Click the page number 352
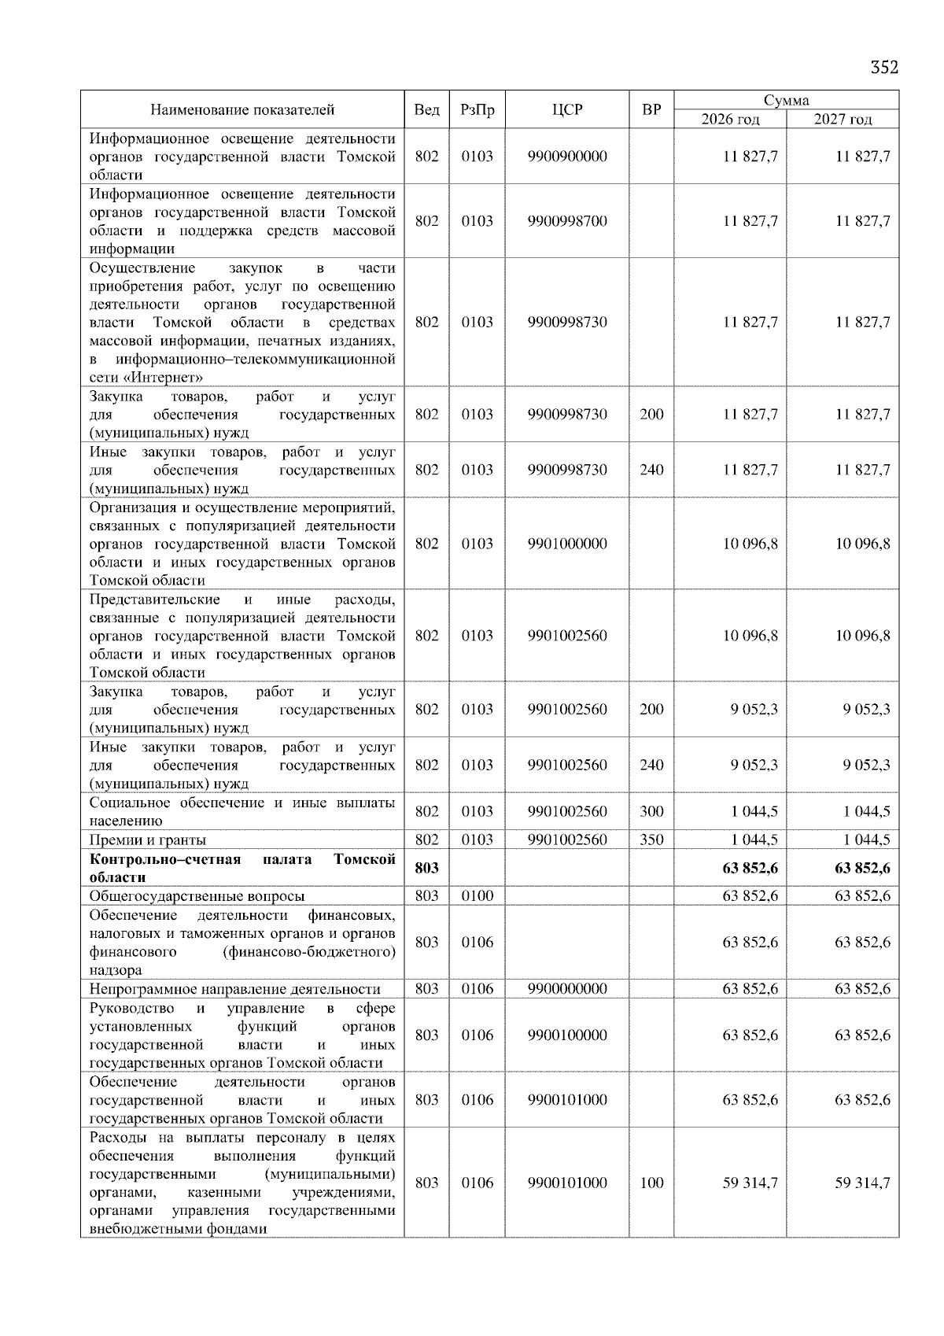point(883,68)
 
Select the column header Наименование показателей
point(242,110)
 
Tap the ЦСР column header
point(567,110)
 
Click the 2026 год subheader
point(730,120)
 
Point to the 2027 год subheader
point(843,120)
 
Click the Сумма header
point(786,100)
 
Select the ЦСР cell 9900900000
point(567,157)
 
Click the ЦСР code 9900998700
point(567,221)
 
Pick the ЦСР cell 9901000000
point(567,544)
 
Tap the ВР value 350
point(651,840)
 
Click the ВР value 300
point(651,811)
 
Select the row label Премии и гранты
point(148,840)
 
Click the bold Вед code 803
point(426,868)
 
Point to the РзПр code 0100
point(477,895)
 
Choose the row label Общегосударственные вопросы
point(197,895)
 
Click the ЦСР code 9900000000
point(567,989)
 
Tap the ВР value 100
point(651,1183)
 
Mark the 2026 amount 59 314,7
point(750,1183)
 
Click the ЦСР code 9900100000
point(567,1035)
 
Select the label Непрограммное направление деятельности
point(234,989)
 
